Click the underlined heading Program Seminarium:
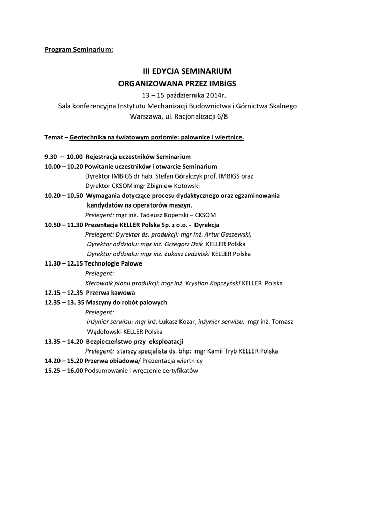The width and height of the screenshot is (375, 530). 78,50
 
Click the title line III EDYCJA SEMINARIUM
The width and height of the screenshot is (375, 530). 187,71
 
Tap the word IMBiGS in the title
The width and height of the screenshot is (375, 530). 231,83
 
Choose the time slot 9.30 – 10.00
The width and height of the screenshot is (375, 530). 64,156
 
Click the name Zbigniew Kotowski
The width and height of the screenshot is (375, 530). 175,186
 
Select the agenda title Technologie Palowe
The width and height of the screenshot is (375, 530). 113,263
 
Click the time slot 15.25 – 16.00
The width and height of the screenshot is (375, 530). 64,371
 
